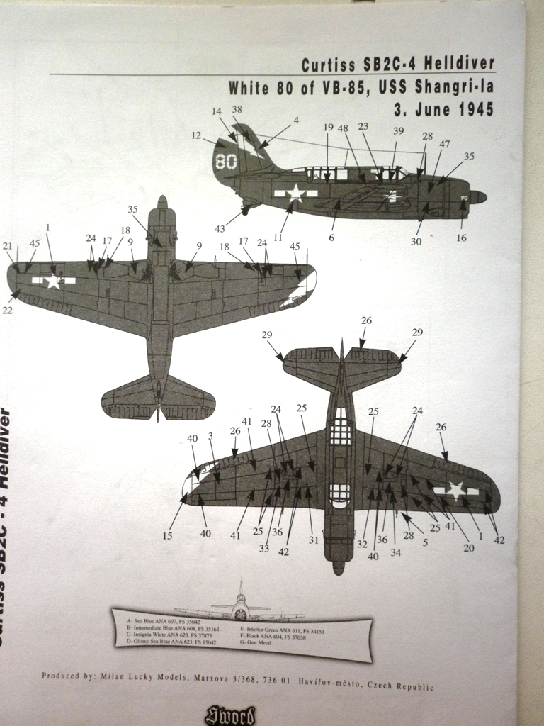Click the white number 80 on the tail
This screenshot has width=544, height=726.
click(227, 161)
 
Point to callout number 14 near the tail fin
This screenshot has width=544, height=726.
click(217, 111)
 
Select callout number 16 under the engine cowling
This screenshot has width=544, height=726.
click(461, 238)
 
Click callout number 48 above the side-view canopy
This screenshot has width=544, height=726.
click(343, 128)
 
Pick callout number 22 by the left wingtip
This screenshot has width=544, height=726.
click(8, 310)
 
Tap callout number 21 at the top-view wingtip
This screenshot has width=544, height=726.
click(8, 246)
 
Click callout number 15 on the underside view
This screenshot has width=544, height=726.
click(167, 536)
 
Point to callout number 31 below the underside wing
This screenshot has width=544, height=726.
click(314, 540)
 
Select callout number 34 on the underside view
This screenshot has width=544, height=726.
click(395, 553)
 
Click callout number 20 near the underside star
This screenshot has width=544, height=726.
click(468, 547)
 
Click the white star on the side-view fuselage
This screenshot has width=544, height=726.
click(294, 193)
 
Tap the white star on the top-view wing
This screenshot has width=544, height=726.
click(52, 281)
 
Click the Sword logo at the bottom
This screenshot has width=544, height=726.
click(229, 715)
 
